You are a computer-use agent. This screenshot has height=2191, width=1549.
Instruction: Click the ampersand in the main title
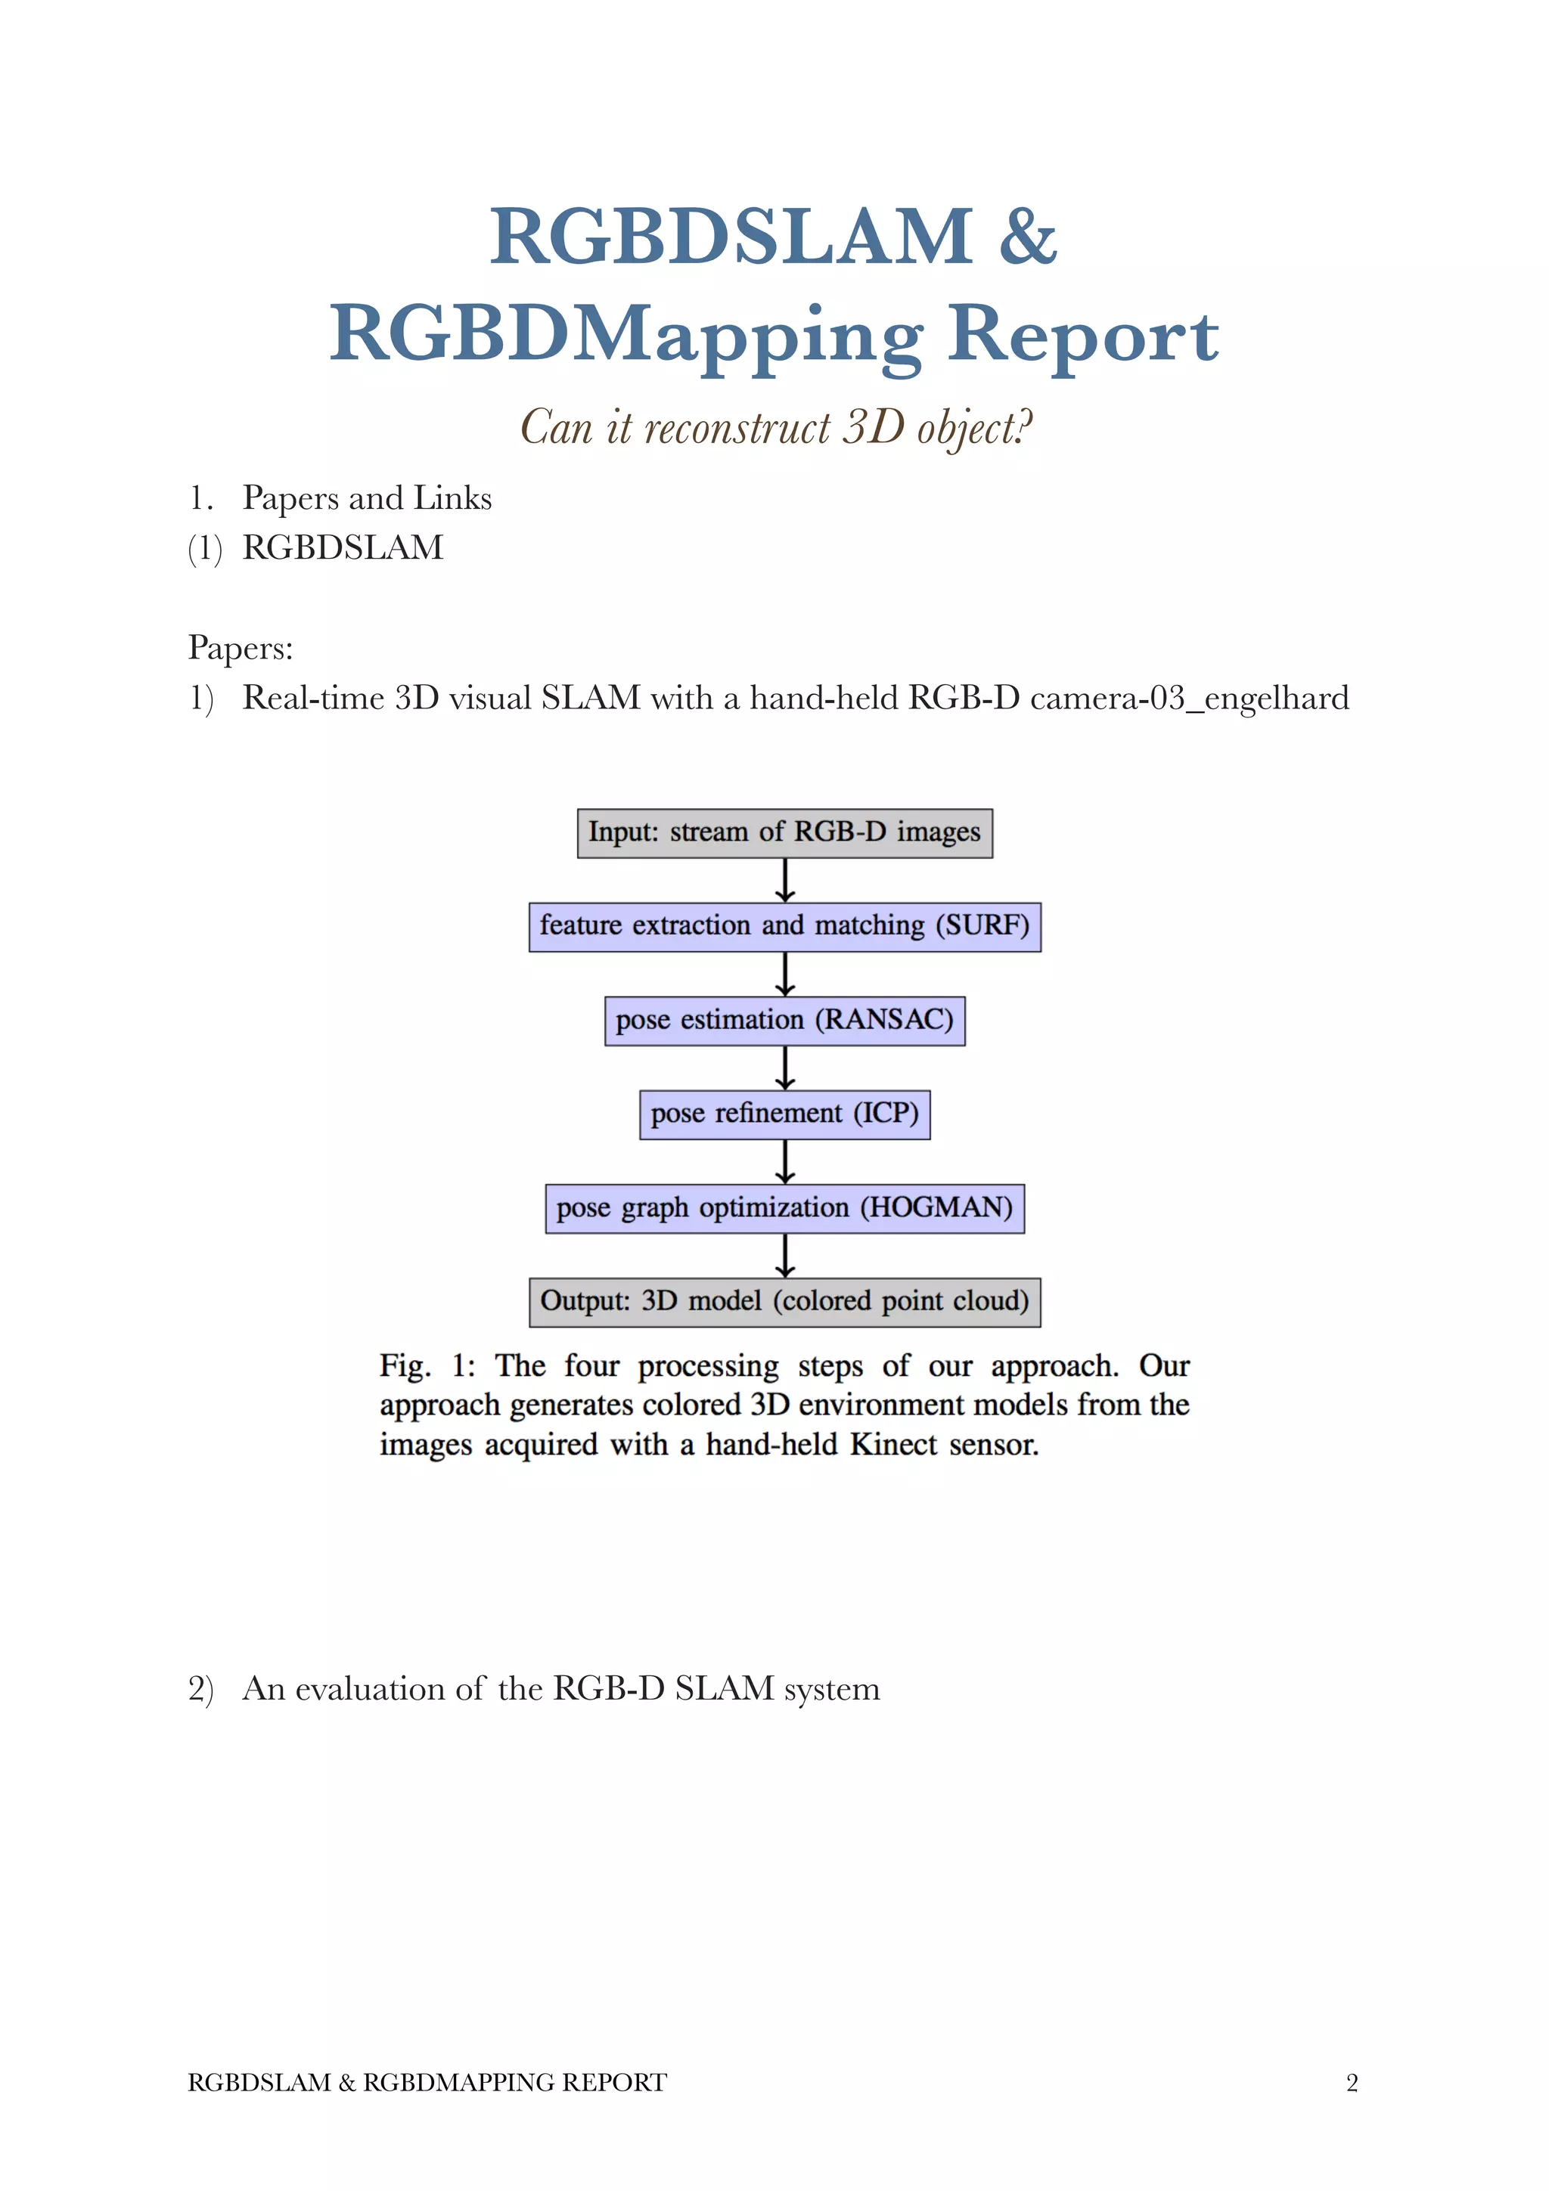click(x=1027, y=237)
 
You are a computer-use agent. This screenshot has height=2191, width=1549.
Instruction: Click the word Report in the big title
click(x=1082, y=334)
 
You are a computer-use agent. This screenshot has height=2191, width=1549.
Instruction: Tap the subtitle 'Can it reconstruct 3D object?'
click(x=775, y=426)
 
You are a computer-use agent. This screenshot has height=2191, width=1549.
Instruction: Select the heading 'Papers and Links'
click(x=367, y=498)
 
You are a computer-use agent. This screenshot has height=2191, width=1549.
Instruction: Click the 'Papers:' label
click(x=241, y=648)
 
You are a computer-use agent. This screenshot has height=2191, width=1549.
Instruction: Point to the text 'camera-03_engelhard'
click(x=1189, y=698)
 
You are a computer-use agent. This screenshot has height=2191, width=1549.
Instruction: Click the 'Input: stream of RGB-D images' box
click(x=784, y=832)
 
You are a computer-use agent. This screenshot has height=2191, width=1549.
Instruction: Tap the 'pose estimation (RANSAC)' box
click(x=784, y=1020)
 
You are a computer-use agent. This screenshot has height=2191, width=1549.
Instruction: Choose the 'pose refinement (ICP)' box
click(x=784, y=1114)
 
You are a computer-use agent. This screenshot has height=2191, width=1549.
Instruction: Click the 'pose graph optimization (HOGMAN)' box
click(x=784, y=1208)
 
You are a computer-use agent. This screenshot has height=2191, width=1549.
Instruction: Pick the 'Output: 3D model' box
click(x=784, y=1302)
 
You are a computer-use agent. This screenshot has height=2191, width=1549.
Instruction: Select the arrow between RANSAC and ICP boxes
click(x=784, y=1068)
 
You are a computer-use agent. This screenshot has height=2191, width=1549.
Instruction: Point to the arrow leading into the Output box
click(x=784, y=1256)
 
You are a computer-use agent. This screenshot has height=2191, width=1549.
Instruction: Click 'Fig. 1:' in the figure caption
click(x=427, y=1366)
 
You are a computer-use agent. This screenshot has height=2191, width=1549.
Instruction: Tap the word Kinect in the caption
click(x=893, y=1445)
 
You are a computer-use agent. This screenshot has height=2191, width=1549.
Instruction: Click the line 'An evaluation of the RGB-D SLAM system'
click(x=560, y=1689)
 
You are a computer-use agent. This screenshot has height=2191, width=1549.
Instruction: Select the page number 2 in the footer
click(x=1352, y=2082)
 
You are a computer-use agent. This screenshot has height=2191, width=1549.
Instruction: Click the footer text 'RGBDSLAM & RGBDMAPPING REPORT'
click(x=427, y=2082)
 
